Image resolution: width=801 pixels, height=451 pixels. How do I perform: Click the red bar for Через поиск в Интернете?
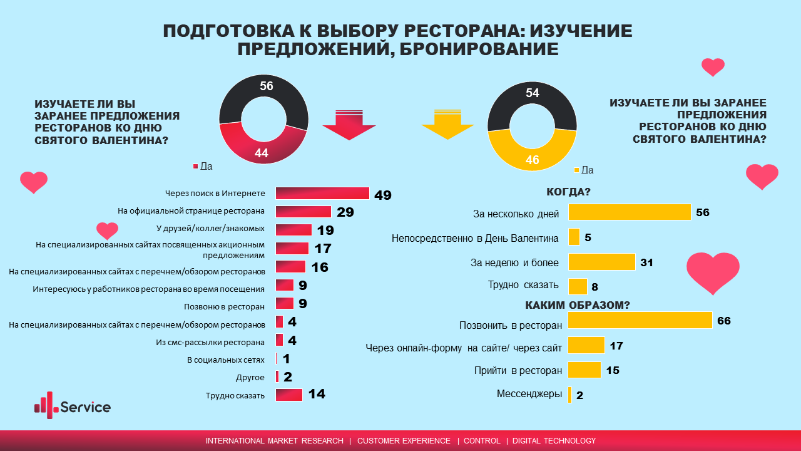click(x=322, y=194)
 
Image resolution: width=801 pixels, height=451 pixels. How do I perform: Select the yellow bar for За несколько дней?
click(x=629, y=212)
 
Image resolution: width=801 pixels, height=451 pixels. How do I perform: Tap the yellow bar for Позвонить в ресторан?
click(x=640, y=320)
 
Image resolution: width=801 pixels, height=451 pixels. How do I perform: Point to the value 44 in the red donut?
click(x=261, y=153)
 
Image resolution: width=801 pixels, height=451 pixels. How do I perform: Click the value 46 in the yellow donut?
click(x=532, y=159)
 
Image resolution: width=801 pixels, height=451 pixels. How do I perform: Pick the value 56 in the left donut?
click(x=267, y=86)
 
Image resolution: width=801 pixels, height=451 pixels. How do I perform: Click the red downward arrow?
click(x=349, y=124)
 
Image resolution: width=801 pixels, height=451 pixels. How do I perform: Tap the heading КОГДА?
click(x=569, y=192)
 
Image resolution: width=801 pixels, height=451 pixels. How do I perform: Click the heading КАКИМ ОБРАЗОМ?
click(x=577, y=305)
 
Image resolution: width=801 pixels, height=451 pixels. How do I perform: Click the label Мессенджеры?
click(x=529, y=394)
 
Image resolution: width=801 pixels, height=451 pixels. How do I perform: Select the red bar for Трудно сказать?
click(x=288, y=395)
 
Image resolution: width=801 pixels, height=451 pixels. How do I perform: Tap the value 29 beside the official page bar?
click(x=345, y=212)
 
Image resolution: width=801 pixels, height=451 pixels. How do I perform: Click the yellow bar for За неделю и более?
click(x=601, y=262)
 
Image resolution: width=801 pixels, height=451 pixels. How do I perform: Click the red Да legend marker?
click(x=195, y=167)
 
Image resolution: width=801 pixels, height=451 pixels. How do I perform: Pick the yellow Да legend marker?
click(x=576, y=170)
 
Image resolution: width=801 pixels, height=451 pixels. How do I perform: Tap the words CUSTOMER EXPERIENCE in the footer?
click(x=404, y=441)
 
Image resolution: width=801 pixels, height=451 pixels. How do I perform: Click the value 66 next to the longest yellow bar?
click(x=724, y=321)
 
